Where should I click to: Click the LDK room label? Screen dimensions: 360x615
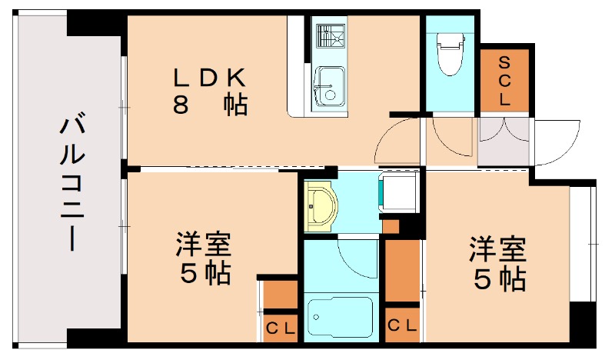click(208, 78)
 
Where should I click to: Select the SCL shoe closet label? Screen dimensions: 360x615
click(504, 80)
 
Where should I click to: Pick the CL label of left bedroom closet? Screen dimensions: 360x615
click(281, 328)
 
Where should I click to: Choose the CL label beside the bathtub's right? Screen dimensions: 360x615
click(402, 325)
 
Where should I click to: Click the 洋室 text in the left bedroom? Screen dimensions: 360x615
click(203, 246)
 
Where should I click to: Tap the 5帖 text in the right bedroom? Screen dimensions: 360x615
click(498, 278)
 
